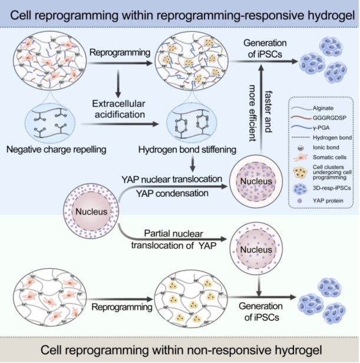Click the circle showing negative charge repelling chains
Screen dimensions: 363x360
pos(55,118)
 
